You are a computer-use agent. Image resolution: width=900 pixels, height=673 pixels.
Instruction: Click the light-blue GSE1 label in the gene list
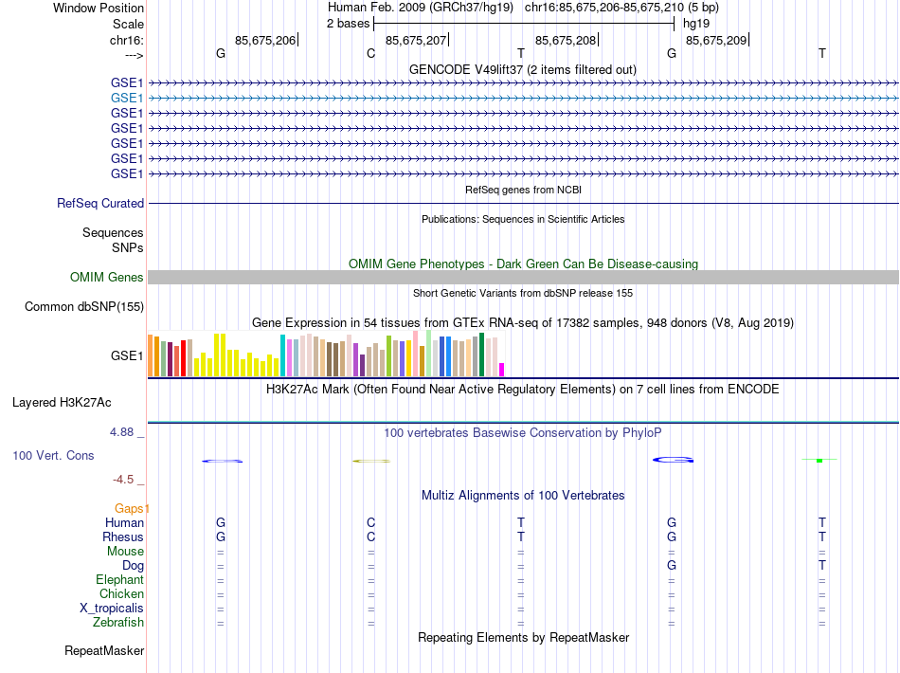(x=127, y=98)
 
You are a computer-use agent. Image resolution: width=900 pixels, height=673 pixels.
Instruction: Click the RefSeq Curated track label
(x=100, y=203)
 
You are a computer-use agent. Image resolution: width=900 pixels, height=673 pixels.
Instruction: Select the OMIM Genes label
(x=106, y=277)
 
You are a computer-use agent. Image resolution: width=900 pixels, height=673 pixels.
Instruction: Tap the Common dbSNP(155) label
(x=84, y=306)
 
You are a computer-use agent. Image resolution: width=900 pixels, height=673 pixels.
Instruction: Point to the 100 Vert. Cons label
(x=53, y=455)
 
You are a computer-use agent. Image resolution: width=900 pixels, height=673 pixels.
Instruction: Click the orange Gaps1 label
(x=132, y=508)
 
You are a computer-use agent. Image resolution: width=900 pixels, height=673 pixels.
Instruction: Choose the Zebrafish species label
(x=118, y=623)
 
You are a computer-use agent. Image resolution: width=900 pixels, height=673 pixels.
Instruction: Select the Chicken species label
(x=121, y=594)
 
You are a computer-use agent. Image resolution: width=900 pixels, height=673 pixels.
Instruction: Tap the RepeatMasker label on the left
(x=104, y=651)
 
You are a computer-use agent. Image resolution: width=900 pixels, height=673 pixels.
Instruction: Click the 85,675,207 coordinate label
(x=416, y=40)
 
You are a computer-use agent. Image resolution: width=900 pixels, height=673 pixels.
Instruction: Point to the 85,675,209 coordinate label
(x=716, y=40)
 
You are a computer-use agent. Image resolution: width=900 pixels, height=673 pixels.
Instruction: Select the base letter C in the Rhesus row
(x=370, y=537)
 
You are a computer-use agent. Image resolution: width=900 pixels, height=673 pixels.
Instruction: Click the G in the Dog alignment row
(x=671, y=565)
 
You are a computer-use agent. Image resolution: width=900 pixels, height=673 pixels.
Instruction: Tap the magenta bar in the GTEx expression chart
(x=502, y=370)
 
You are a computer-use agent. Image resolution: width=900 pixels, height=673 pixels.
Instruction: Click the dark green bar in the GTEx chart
(x=482, y=355)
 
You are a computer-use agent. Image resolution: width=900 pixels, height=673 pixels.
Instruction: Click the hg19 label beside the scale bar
(x=695, y=23)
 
